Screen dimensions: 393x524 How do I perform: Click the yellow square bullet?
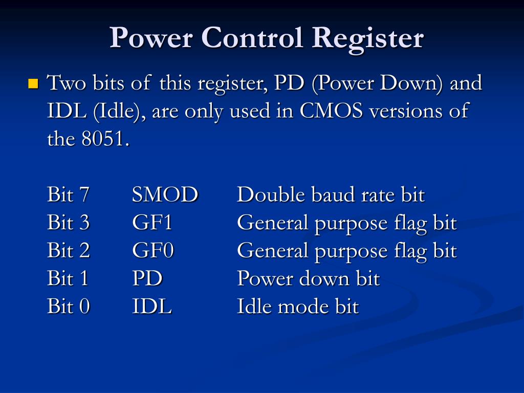pyautogui.click(x=34, y=83)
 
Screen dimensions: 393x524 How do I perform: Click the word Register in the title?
pyautogui.click(x=368, y=38)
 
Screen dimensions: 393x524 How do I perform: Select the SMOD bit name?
pyautogui.click(x=165, y=195)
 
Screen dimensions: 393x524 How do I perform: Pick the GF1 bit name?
pyautogui.click(x=152, y=223)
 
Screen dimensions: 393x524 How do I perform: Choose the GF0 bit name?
pyautogui.click(x=153, y=251)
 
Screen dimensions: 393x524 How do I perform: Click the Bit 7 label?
pyautogui.click(x=69, y=195)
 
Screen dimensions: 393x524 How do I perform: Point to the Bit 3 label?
pyautogui.click(x=69, y=223)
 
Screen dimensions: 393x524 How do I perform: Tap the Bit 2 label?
pyautogui.click(x=69, y=251)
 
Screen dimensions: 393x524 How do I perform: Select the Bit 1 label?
pyautogui.click(x=68, y=279)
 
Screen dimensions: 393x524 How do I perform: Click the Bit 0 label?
pyautogui.click(x=69, y=307)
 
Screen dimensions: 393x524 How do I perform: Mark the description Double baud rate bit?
pyautogui.click(x=331, y=195)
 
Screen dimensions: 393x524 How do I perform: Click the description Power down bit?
pyautogui.click(x=308, y=279)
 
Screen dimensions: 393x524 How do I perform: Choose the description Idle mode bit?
pyautogui.click(x=298, y=307)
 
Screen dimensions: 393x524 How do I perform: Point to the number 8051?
pyautogui.click(x=102, y=139)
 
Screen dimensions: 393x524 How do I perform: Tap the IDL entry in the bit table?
pyautogui.click(x=152, y=307)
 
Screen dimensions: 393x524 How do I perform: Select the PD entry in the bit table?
pyautogui.click(x=147, y=279)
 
